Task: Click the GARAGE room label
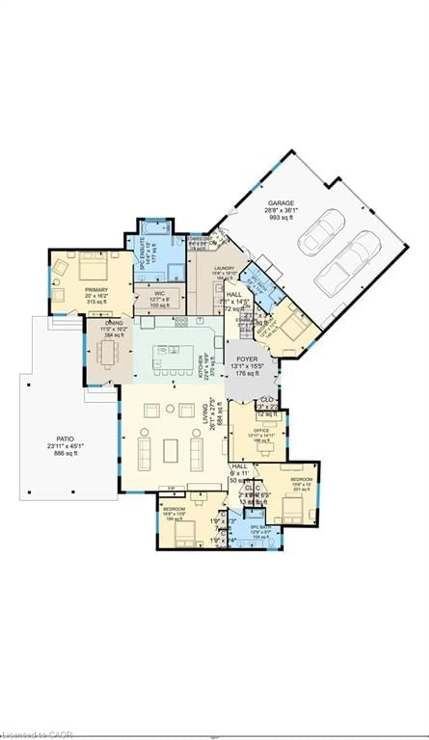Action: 281,203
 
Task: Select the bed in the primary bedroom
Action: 93,266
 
